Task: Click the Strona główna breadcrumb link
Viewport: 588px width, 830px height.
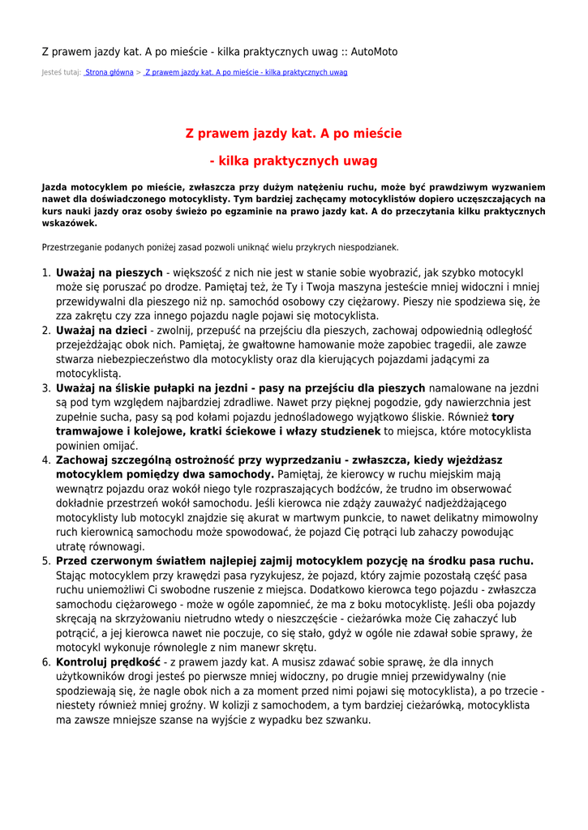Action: click(109, 72)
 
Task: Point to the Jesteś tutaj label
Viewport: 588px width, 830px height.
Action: click(61, 72)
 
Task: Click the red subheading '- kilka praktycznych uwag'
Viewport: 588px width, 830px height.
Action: click(294, 160)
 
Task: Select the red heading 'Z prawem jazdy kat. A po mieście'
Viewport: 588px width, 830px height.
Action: click(294, 133)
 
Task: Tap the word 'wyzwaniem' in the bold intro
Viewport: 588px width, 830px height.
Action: click(517, 186)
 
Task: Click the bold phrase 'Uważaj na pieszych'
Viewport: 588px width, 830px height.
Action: click(109, 273)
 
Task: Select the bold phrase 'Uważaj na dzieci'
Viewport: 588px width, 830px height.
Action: click(101, 330)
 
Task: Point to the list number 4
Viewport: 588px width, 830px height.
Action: click(46, 460)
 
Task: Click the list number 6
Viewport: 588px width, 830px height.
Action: click(46, 662)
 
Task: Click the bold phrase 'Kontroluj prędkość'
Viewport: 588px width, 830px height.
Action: click(108, 662)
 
